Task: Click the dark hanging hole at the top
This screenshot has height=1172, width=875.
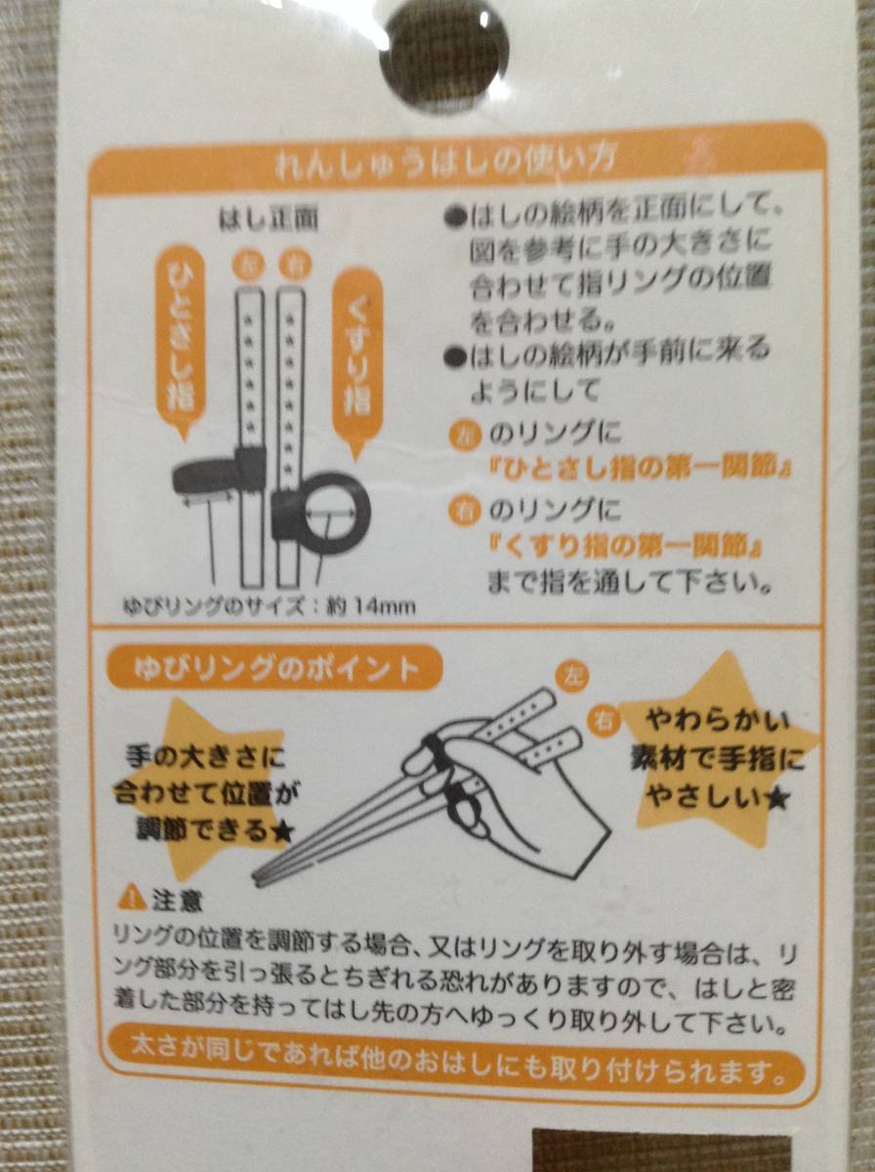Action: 443,55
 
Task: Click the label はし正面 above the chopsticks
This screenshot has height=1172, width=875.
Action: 270,220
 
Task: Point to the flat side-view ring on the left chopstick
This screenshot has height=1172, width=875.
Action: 219,473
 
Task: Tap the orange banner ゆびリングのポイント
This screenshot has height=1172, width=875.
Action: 275,670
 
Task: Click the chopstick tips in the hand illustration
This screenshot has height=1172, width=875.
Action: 261,876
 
